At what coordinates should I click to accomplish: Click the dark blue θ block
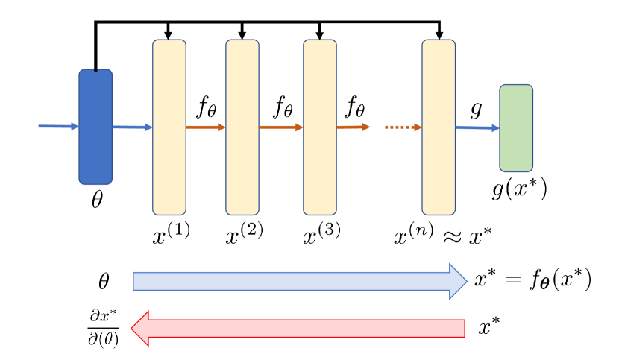95,127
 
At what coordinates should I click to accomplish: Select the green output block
516,128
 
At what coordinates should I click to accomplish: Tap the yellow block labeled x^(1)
169,127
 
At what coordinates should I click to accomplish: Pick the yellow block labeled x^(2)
242,127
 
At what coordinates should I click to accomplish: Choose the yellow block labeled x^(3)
320,127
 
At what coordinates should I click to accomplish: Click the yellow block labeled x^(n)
439,127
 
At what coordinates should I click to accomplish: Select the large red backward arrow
298,328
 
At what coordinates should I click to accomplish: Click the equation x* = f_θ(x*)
532,280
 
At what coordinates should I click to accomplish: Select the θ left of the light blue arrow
104,282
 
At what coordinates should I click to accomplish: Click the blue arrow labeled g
477,128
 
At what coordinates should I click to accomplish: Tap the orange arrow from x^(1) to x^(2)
206,127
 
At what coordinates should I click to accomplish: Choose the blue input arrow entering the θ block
58,127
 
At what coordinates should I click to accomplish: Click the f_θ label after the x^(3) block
355,108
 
